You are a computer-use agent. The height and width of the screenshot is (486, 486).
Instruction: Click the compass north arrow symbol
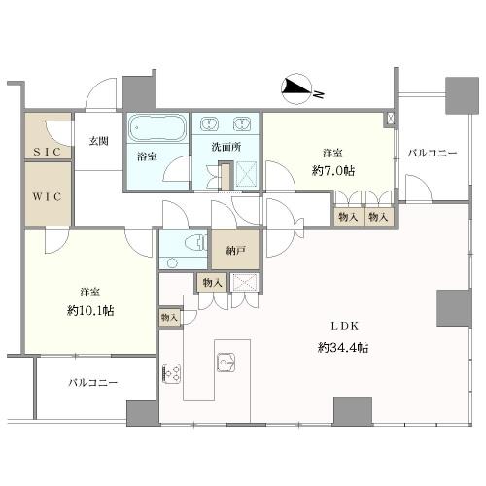point(296,89)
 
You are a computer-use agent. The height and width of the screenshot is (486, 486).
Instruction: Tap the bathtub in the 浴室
point(157,127)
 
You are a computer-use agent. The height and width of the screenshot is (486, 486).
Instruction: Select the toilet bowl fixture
point(196,243)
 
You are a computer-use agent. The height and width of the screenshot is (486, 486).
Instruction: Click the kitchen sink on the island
point(226,363)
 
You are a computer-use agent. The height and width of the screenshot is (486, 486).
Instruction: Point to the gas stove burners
point(171,373)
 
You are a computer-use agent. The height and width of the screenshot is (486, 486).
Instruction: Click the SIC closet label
point(48,152)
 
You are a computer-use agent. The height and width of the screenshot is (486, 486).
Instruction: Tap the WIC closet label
point(47,196)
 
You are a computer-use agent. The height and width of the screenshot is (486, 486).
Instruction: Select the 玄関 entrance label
point(98,141)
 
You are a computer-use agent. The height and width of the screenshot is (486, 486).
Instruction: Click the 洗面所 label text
point(226,147)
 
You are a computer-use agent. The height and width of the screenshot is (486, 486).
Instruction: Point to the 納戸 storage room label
point(235,250)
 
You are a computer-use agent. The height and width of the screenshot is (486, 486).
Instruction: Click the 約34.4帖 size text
point(343,348)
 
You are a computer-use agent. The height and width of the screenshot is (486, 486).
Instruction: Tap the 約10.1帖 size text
point(90,311)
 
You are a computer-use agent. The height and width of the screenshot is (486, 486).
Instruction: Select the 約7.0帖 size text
point(333,170)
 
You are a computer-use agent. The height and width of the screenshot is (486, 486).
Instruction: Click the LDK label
point(345,326)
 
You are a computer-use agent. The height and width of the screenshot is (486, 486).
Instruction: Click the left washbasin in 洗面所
point(209,124)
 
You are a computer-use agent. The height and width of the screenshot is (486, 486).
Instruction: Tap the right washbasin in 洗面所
point(241,124)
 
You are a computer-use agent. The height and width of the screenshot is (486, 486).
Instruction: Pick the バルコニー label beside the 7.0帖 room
point(433,153)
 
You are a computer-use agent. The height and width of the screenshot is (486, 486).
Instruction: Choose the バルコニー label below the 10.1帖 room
point(93,383)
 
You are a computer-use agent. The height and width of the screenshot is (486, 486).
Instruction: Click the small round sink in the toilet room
point(173,262)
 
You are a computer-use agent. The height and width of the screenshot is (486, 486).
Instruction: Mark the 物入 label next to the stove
point(169,318)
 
